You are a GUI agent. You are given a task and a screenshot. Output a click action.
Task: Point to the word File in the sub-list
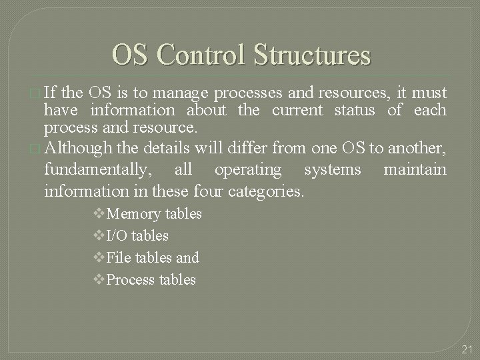click(119, 257)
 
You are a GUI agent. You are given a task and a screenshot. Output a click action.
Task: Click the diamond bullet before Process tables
click(101, 279)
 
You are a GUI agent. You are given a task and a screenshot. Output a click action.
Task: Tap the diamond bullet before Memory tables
click(101, 214)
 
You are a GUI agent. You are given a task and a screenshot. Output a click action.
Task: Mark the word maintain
click(415, 170)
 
